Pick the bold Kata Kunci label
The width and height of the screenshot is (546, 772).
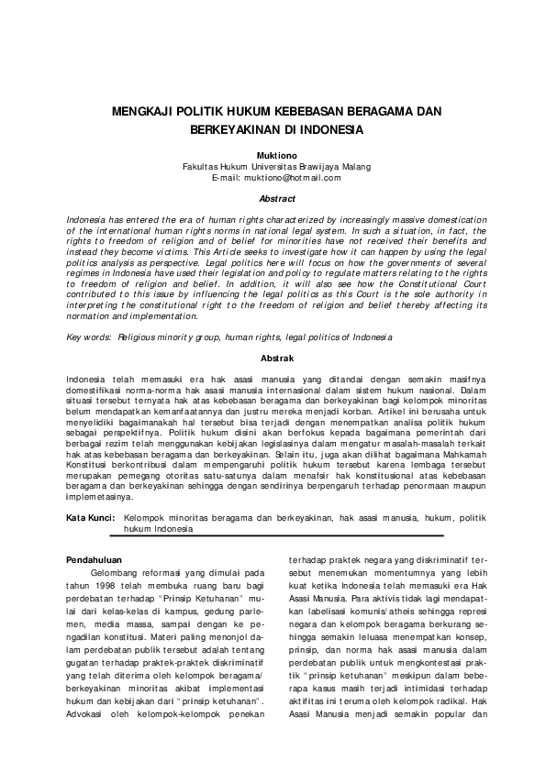coord(90,518)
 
